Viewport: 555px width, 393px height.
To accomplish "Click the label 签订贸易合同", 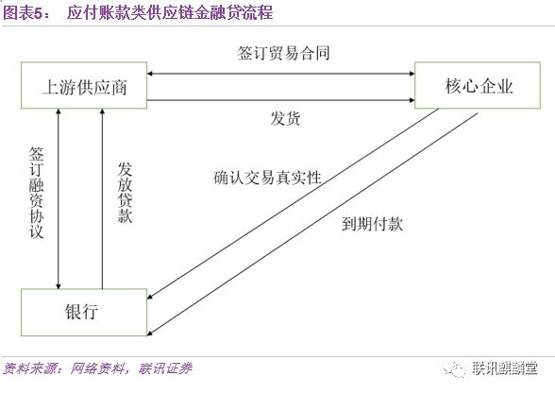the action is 283,53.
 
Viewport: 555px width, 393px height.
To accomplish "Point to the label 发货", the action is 285,118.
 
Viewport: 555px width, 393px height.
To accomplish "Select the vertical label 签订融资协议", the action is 36,193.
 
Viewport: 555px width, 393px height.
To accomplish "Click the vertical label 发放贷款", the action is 125,193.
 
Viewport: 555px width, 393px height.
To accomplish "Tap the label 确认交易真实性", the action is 268,178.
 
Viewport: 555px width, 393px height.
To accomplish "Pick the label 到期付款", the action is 372,224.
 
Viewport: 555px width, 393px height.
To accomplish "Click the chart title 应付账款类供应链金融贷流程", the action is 170,12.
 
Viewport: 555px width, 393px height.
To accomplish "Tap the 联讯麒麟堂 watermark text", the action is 504,368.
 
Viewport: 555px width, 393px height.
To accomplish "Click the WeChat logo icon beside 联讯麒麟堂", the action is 453,369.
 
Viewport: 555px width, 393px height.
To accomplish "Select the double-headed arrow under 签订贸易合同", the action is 280,74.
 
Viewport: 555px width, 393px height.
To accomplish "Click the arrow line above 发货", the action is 280,100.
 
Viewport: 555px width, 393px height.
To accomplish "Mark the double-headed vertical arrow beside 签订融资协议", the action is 59,198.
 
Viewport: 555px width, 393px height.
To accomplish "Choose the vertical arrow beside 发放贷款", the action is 102,198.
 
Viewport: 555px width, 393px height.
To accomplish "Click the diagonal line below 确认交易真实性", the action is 293,203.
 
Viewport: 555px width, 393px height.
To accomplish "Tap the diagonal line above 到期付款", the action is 312,224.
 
